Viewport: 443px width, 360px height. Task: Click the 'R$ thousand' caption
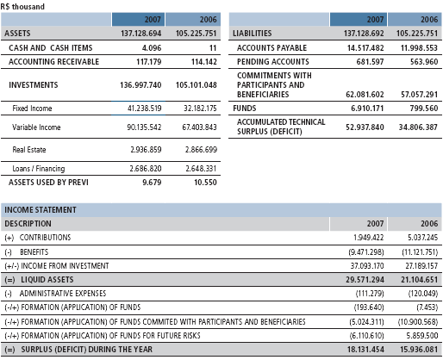(x=22, y=6)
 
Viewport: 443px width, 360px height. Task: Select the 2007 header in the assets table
(x=153, y=20)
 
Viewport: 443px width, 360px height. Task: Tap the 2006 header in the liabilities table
(x=429, y=20)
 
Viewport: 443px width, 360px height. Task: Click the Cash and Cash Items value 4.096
(x=152, y=47)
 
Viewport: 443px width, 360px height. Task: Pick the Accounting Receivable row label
(x=53, y=62)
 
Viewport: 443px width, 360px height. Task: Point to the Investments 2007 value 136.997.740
(x=140, y=85)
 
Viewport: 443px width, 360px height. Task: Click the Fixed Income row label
(x=32, y=109)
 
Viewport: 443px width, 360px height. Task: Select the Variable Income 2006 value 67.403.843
(x=199, y=127)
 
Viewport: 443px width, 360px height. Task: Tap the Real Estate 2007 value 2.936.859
(x=146, y=150)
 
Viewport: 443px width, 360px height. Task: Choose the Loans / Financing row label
(x=39, y=169)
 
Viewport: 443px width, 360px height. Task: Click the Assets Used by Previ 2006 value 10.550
(x=205, y=183)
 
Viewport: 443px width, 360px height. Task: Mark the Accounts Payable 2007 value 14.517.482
(x=365, y=47)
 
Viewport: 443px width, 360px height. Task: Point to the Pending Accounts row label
(x=273, y=62)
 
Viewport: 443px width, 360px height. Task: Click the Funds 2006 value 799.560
(x=424, y=109)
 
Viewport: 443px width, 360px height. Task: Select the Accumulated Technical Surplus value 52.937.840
(x=365, y=127)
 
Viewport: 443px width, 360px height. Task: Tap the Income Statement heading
(x=41, y=210)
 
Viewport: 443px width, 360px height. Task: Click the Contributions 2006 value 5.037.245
(x=423, y=238)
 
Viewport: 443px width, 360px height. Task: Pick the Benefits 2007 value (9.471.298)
(x=366, y=252)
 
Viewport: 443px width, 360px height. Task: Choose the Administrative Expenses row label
(x=63, y=294)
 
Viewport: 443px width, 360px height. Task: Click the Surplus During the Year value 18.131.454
(x=365, y=350)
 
